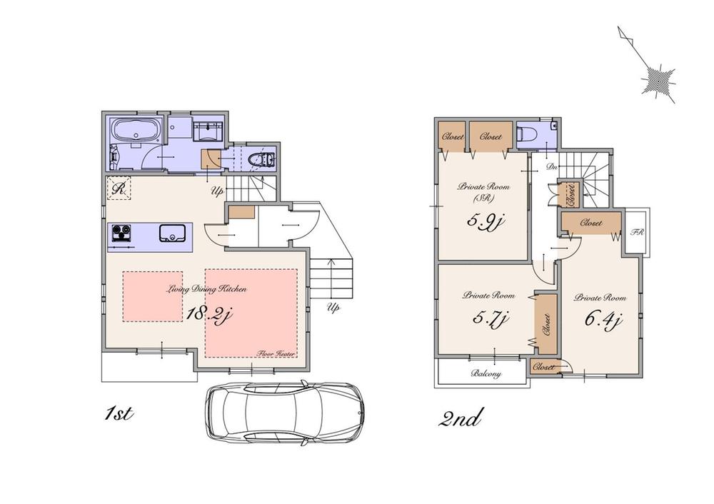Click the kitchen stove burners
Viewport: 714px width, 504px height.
point(121,233)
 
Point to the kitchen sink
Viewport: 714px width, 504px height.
point(173,233)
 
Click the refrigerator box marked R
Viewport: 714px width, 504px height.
point(119,189)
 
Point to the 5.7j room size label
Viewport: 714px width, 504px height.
point(489,318)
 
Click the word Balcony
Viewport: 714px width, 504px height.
point(486,374)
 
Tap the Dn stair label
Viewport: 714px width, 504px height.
point(552,167)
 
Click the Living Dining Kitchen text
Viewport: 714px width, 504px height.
point(208,290)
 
